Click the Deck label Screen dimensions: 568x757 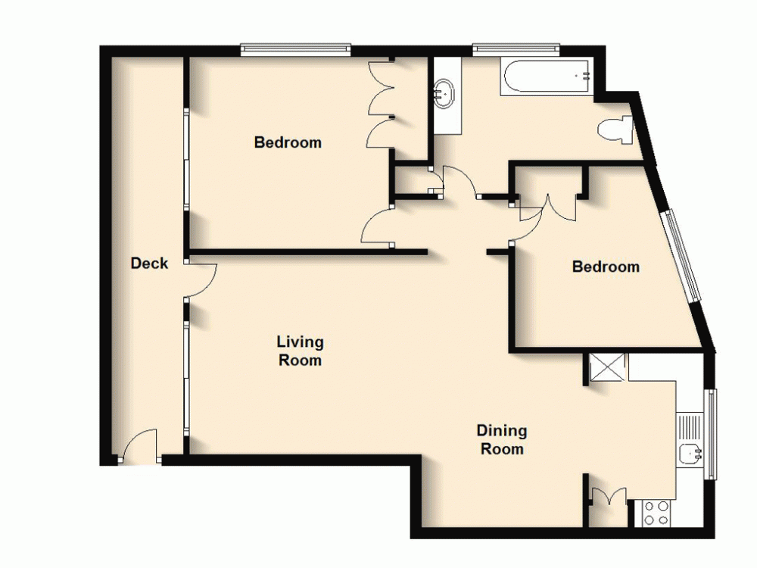point(149,264)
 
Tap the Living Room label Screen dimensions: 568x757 point(300,351)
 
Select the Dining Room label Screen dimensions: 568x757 point(502,439)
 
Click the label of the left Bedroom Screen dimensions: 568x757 point(288,142)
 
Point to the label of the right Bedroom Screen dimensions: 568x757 point(606,267)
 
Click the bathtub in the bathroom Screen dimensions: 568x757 point(547,77)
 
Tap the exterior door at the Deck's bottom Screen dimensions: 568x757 point(139,447)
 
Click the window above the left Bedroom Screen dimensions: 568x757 point(296,50)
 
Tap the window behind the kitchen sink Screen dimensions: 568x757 point(711,435)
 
